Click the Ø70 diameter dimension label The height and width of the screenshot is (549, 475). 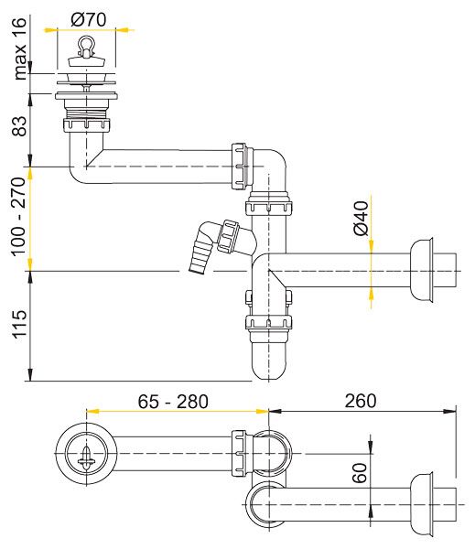88,19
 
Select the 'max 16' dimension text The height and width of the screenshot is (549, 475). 19,48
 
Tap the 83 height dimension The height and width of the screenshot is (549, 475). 19,126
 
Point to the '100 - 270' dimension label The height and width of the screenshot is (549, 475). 19,217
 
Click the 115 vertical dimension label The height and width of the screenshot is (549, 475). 19,324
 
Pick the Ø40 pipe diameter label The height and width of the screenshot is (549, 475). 361,218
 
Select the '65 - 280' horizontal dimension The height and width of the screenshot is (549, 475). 173,402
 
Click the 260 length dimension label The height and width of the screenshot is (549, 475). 361,402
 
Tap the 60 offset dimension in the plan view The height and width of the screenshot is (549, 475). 360,473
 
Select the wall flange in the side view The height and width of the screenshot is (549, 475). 422,270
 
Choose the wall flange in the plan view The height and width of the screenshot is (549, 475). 422,504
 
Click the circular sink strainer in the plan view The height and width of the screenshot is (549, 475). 86,454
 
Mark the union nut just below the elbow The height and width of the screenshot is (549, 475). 269,208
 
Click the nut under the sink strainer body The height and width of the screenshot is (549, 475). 87,125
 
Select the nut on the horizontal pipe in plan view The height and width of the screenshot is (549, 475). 238,454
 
